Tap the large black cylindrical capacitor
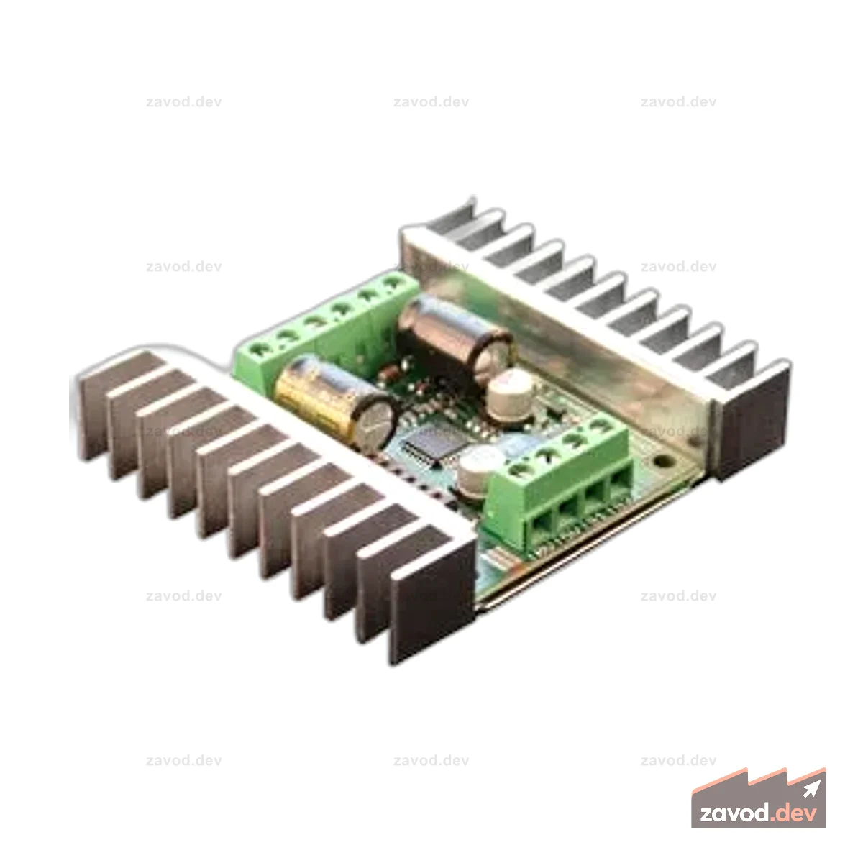tap(455, 339)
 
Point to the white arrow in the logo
tap(811, 789)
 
